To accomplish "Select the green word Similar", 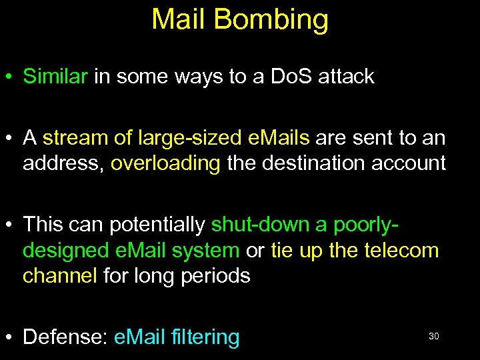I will coord(55,77).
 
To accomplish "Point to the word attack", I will coord(346,77).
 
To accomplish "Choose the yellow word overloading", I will coord(165,163).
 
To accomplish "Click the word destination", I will coord(307,163).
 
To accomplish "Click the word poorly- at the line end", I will coord(360,225).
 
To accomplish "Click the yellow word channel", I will coord(60,275).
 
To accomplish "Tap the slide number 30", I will coord(433,337).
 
